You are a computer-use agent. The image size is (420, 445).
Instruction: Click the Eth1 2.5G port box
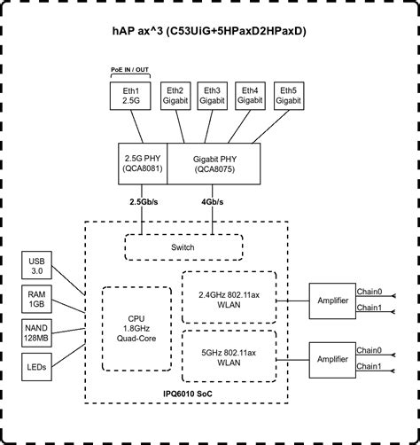130,96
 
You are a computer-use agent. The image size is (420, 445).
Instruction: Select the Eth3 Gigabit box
212,96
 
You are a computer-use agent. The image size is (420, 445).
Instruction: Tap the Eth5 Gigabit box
289,96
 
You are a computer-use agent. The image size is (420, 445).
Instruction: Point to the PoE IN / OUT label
130,70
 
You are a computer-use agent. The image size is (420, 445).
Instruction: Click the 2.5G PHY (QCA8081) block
143,164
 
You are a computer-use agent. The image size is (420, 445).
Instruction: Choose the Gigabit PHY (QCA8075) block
214,164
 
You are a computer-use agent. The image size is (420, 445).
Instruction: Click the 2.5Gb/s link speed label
144,202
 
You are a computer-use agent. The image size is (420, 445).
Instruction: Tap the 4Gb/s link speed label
212,202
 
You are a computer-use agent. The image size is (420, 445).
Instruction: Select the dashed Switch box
183,247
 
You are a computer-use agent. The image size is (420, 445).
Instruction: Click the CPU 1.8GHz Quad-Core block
136,329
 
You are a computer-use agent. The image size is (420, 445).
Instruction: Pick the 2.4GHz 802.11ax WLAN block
229,298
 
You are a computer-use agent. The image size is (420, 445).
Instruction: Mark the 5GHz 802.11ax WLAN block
229,356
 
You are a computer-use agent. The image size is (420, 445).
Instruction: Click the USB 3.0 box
36,265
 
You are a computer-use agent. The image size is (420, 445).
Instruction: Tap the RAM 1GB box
36,299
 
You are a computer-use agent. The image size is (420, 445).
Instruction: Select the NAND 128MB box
36,333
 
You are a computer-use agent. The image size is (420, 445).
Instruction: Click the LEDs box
36,367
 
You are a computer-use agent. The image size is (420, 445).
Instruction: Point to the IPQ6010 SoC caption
188,394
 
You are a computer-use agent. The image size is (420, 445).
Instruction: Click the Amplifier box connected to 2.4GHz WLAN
332,301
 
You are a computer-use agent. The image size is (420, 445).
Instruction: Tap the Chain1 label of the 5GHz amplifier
369,366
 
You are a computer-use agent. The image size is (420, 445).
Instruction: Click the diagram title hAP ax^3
209,31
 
